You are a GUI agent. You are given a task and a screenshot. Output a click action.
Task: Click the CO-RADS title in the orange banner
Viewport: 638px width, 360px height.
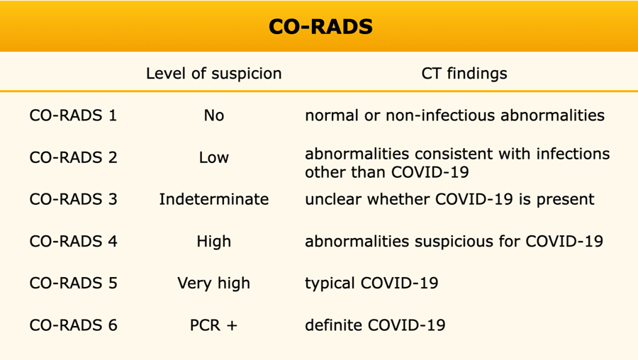click(x=320, y=26)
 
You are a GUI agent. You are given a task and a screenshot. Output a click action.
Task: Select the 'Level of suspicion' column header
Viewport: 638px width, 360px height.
click(x=213, y=74)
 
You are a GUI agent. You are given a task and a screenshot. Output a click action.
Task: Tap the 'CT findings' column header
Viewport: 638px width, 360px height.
click(x=464, y=74)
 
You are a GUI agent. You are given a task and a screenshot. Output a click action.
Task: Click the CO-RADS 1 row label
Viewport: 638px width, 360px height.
click(x=73, y=116)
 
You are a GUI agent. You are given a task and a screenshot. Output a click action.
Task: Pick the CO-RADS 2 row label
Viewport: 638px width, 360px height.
click(x=73, y=157)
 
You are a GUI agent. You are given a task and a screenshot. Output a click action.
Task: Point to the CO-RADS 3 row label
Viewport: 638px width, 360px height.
click(x=73, y=199)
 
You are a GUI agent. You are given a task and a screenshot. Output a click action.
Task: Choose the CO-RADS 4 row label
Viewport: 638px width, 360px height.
click(x=73, y=241)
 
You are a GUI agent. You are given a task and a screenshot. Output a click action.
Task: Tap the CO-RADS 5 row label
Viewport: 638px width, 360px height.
click(x=73, y=283)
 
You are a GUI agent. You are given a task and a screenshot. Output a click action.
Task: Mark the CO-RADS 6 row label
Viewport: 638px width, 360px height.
click(x=73, y=325)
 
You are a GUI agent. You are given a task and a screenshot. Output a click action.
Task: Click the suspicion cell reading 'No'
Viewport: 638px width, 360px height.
click(x=214, y=116)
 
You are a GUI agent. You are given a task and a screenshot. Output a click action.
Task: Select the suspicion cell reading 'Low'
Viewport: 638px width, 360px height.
click(x=214, y=157)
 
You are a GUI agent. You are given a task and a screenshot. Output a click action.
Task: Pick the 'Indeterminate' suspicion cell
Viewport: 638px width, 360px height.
click(x=214, y=199)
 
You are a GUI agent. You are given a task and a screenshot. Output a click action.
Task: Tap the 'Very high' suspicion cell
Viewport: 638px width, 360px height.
click(x=214, y=283)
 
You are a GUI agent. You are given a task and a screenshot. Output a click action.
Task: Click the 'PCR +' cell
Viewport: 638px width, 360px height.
click(x=213, y=325)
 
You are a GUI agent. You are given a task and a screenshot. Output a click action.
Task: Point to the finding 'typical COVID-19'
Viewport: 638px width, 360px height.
click(x=371, y=283)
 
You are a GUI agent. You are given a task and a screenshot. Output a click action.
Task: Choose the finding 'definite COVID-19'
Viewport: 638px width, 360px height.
click(x=375, y=325)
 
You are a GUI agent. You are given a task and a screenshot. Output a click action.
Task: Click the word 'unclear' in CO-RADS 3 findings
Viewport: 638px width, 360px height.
click(x=333, y=199)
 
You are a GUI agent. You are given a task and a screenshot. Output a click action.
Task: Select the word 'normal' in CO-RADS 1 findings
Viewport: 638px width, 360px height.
click(x=332, y=116)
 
